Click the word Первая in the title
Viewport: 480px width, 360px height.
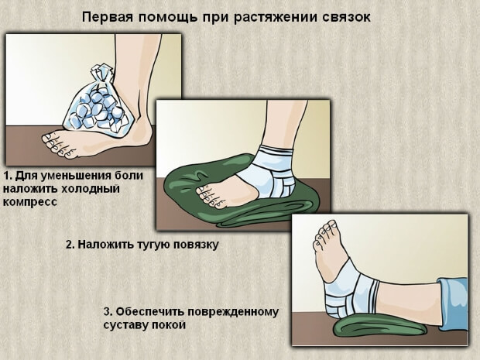(x=109, y=16)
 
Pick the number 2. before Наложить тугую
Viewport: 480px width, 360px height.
(x=70, y=245)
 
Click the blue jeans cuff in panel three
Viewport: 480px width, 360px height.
(x=453, y=297)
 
